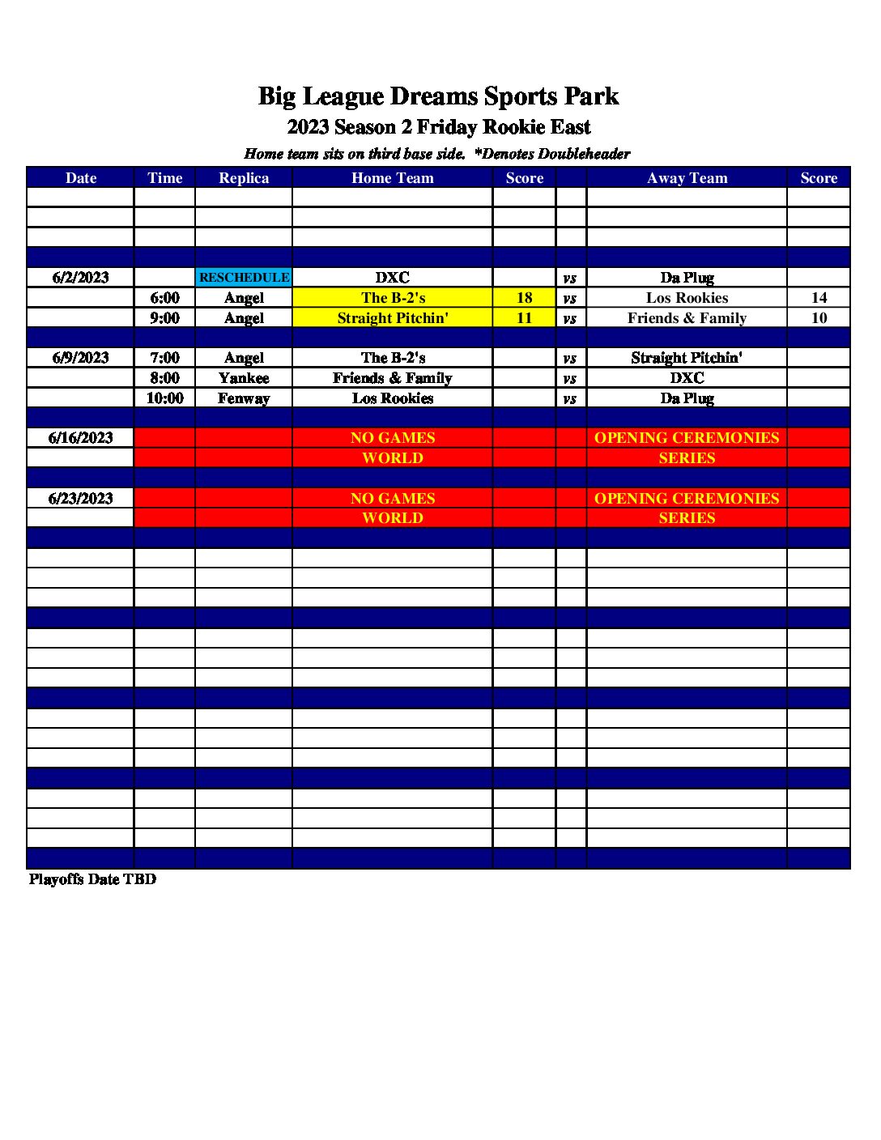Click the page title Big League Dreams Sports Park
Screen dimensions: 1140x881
pos(438,96)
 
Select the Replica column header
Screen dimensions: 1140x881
pos(244,178)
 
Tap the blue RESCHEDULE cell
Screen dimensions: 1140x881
pos(244,278)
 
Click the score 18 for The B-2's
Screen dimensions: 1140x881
pos(524,298)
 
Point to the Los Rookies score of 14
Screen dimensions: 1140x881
pos(819,298)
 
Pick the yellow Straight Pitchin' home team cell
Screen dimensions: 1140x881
pos(393,318)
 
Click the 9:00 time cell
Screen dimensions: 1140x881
pos(164,318)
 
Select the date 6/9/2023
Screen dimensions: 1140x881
pos(80,358)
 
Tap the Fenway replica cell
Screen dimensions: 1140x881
pos(244,398)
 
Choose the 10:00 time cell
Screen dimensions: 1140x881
pos(164,398)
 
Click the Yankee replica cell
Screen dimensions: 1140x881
pos(244,378)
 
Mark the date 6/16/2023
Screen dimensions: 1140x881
pos(80,438)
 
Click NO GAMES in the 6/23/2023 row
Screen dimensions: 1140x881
pos(393,499)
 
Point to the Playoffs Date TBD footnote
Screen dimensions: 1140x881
pos(92,879)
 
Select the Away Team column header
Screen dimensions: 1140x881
pos(687,178)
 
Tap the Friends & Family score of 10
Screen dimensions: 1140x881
pos(819,318)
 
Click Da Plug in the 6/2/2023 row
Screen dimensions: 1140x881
pos(687,278)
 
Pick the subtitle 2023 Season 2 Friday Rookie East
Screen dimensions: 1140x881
pos(438,127)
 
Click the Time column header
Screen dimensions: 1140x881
pos(164,178)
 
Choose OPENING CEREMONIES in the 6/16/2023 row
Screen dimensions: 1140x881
pos(687,438)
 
